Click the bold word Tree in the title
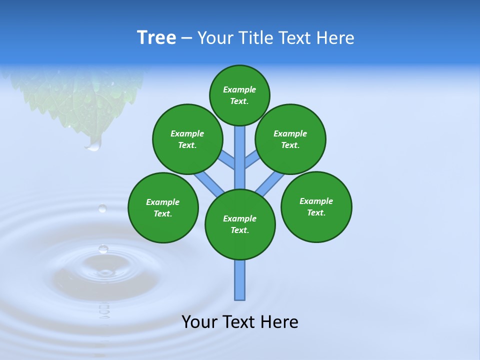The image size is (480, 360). [x=156, y=38]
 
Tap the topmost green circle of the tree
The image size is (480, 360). [x=239, y=95]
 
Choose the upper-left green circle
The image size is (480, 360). [x=187, y=139]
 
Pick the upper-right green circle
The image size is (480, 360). [x=290, y=139]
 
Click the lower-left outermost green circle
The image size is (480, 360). [x=163, y=208]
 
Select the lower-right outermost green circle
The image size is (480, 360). [x=316, y=207]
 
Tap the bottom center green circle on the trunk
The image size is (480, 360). [x=240, y=224]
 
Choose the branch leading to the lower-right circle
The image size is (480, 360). [x=270, y=183]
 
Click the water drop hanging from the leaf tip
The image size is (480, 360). [x=93, y=144]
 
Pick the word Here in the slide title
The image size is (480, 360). [x=336, y=38]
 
